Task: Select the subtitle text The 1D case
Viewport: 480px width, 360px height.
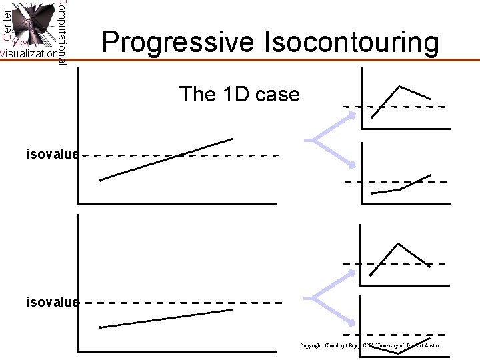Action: (x=239, y=94)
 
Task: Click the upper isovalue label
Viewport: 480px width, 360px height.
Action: (x=53, y=155)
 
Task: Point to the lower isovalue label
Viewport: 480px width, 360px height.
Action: (x=53, y=302)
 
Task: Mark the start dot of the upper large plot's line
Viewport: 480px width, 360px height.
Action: (x=100, y=180)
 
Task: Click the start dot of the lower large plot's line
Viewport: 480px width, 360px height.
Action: (x=100, y=327)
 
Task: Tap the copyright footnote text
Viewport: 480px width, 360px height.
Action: (x=369, y=345)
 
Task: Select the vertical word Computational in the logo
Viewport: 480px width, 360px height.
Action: (x=61, y=30)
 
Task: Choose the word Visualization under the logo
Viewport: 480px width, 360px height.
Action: (x=28, y=54)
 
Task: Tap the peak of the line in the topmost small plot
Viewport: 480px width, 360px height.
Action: (x=400, y=86)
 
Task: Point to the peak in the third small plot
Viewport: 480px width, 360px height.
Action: (x=399, y=244)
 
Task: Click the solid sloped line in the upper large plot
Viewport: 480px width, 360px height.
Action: (x=167, y=159)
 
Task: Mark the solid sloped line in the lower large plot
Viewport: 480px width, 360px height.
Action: (x=167, y=318)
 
